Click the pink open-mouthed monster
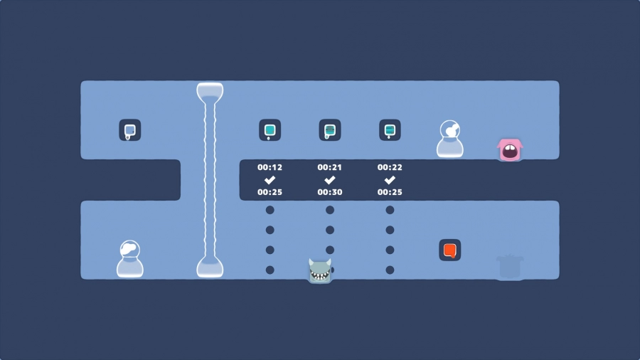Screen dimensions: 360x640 pos(510,149)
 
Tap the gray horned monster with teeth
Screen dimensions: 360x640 pos(320,270)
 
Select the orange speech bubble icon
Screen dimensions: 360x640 pos(449,250)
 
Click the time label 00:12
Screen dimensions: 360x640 pos(270,167)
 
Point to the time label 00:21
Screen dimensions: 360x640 pos(330,167)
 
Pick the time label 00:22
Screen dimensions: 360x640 pos(390,167)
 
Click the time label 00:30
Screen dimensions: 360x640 pos(330,192)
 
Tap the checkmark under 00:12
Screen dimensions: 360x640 pos(270,180)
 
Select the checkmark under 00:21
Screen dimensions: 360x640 pos(330,180)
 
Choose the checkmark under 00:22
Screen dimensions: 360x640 pos(390,180)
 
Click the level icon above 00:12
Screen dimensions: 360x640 pos(270,130)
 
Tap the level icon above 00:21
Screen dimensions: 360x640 pos(330,130)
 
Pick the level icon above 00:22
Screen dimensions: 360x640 pos(390,130)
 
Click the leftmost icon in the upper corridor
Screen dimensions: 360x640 pos(129,130)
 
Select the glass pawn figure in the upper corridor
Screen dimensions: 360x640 pos(449,139)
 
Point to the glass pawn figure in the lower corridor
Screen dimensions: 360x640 pos(129,259)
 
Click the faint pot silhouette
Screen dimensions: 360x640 pos(509,267)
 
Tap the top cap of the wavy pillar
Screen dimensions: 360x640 pos(210,91)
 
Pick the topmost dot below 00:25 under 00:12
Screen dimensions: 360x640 pos(270,210)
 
